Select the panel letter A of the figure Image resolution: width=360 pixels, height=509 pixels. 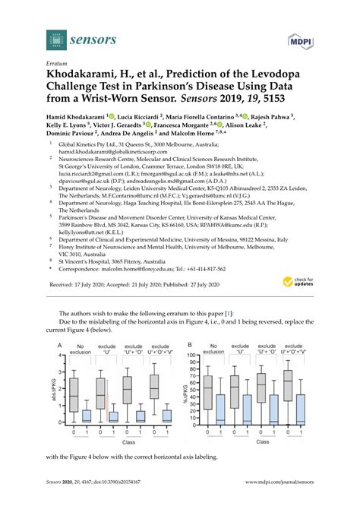pos(58,344)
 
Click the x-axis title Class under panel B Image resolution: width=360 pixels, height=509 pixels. pos(255,441)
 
